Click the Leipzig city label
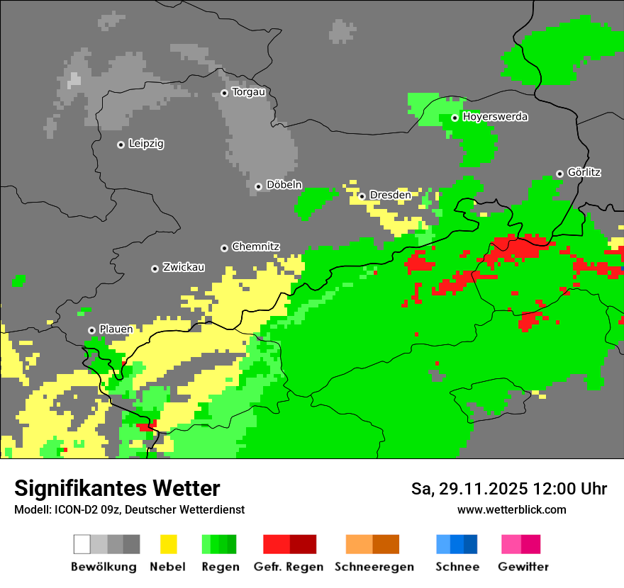click(x=146, y=144)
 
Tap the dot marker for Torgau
click(x=224, y=93)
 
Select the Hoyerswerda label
click(x=495, y=117)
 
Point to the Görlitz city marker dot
click(x=559, y=174)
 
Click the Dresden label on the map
click(x=390, y=195)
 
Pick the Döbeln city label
click(x=284, y=185)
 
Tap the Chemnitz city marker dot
click(x=224, y=248)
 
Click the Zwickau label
click(x=184, y=267)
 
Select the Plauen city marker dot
click(x=91, y=330)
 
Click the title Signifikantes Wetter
click(x=117, y=488)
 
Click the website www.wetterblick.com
click(x=511, y=509)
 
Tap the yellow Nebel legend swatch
click(x=168, y=544)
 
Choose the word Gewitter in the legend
click(x=523, y=567)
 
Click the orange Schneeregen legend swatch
click(x=372, y=544)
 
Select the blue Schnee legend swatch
click(x=456, y=544)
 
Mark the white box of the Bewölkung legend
click(x=82, y=544)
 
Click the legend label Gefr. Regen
click(x=289, y=567)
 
